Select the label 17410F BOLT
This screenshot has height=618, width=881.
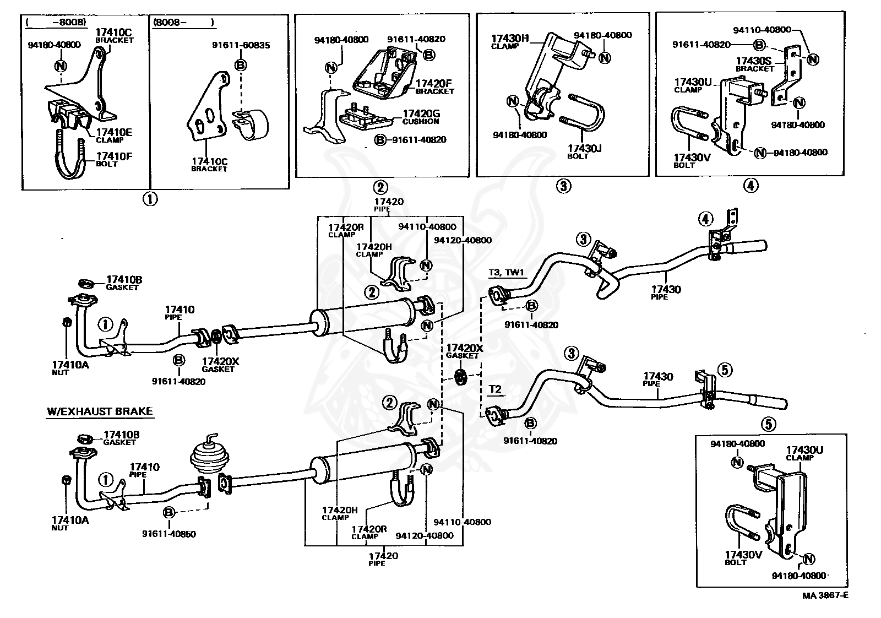pyautogui.click(x=114, y=159)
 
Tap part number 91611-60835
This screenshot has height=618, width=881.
pyautogui.click(x=241, y=45)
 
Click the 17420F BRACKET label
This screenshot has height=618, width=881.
pyautogui.click(x=434, y=86)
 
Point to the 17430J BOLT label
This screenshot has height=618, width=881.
pyautogui.click(x=585, y=151)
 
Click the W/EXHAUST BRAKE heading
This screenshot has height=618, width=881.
pyautogui.click(x=100, y=411)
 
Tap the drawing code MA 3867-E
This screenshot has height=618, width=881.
pyautogui.click(x=825, y=595)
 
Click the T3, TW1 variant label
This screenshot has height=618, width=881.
pyautogui.click(x=507, y=272)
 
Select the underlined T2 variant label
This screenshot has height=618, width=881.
pyautogui.click(x=495, y=389)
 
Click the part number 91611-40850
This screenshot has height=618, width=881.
pyautogui.click(x=168, y=534)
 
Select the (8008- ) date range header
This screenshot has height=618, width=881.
pyautogui.click(x=184, y=23)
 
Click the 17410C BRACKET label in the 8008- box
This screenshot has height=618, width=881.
pyautogui.click(x=209, y=165)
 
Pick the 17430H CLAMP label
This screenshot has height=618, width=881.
pyautogui.click(x=509, y=41)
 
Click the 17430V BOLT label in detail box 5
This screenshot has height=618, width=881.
pyautogui.click(x=743, y=558)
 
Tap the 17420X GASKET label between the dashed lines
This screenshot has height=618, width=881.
pyautogui.click(x=464, y=351)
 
